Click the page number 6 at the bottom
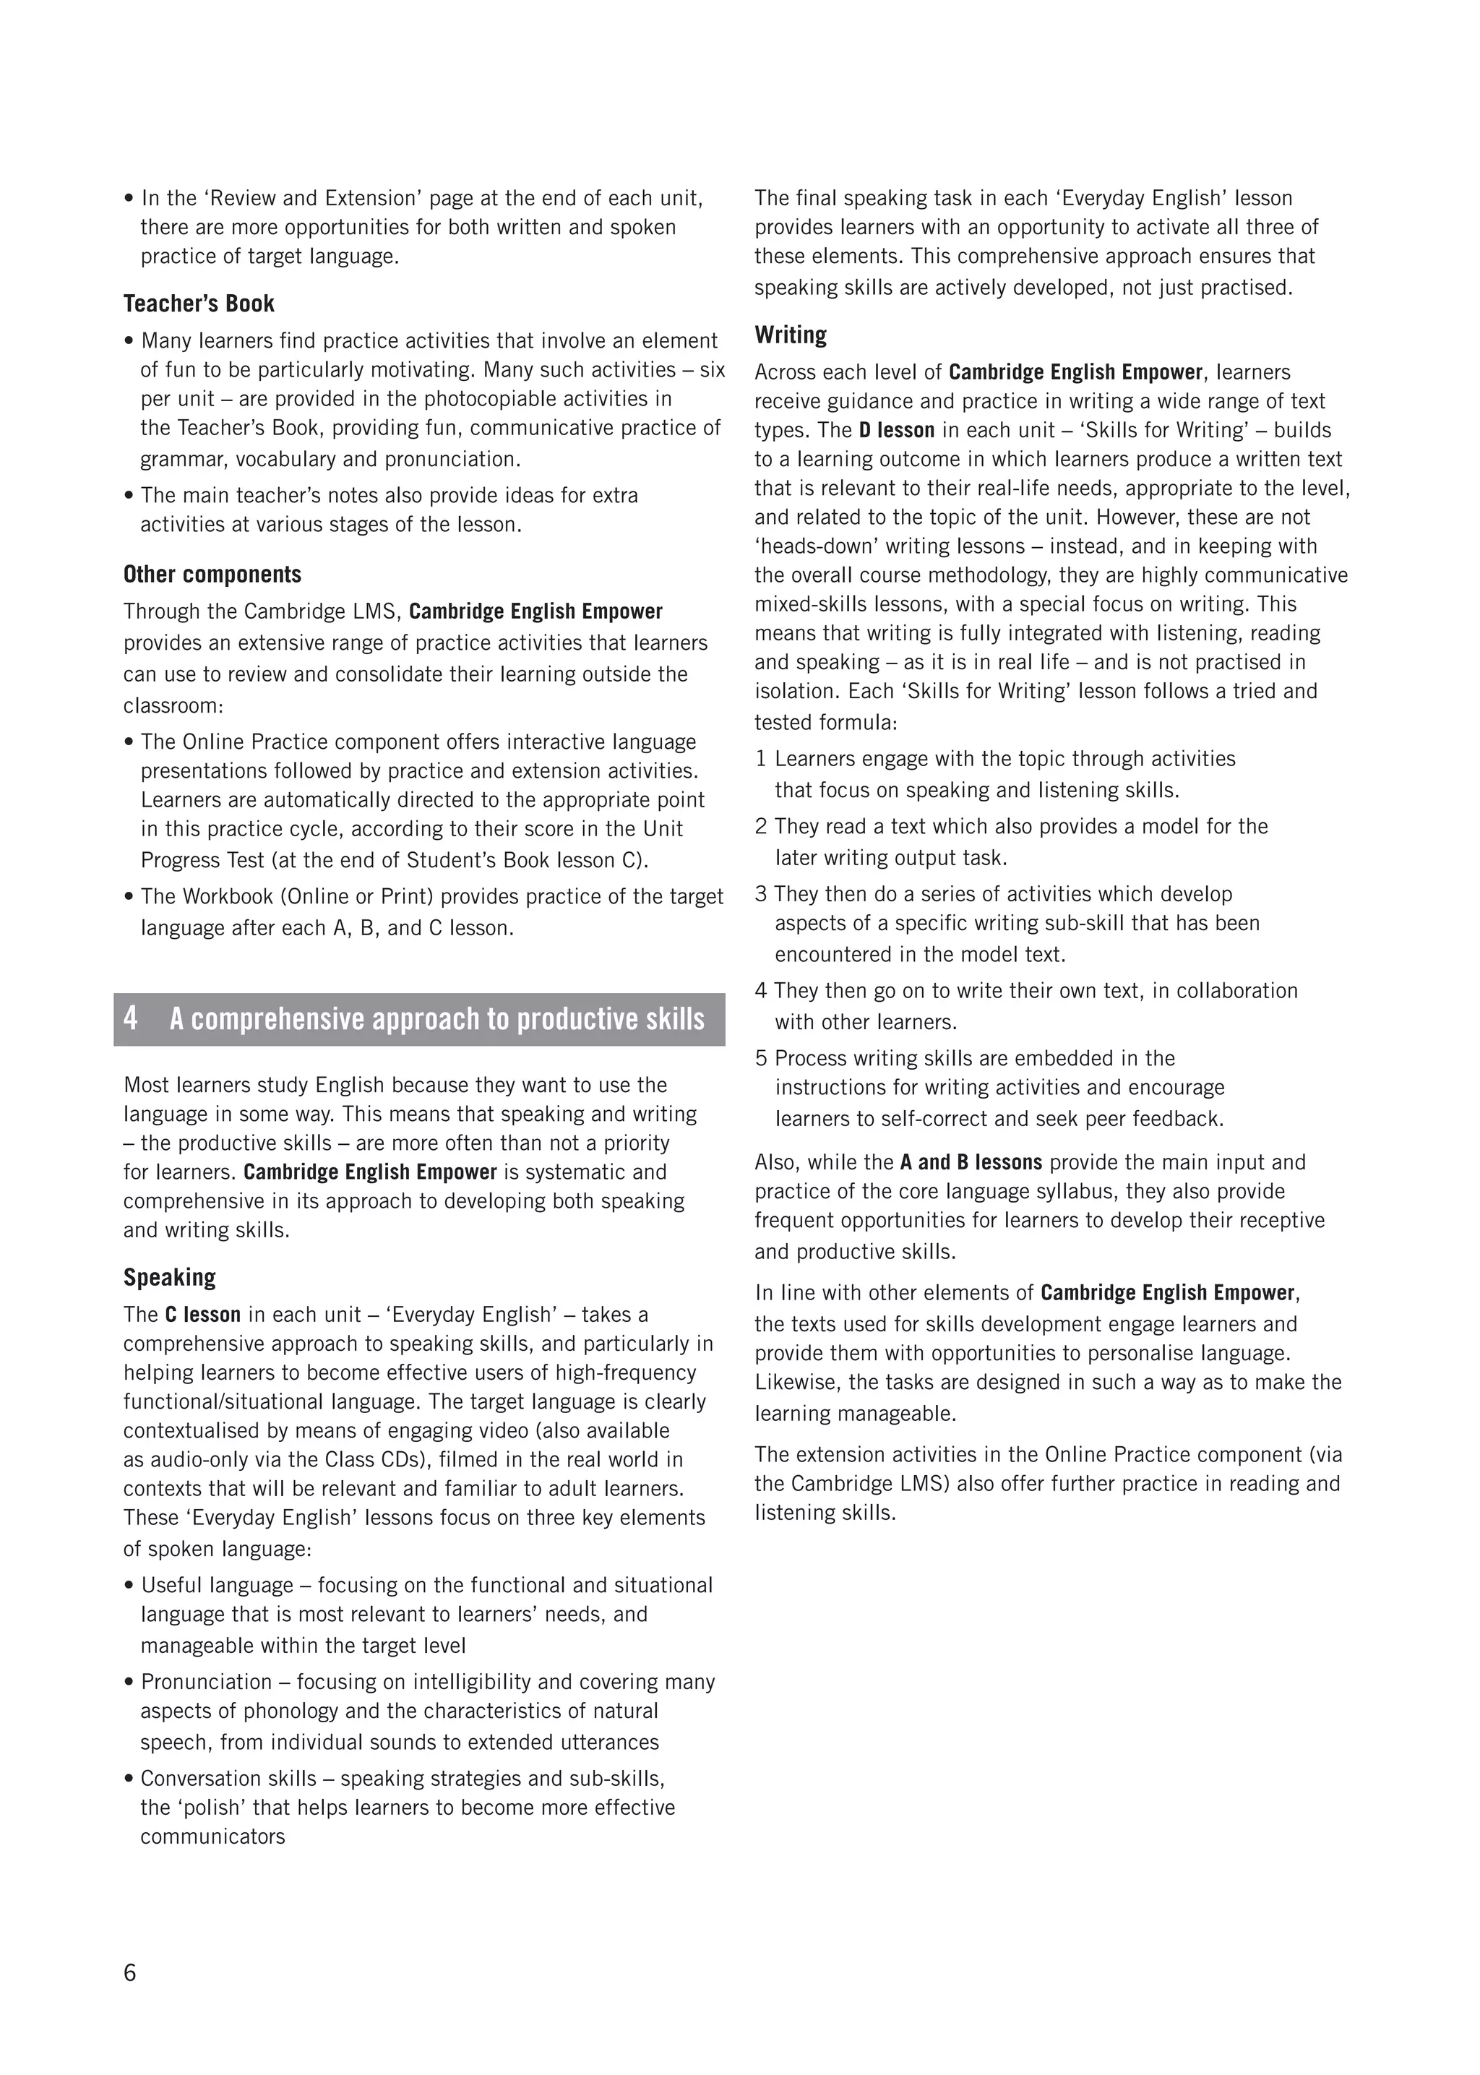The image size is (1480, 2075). pyautogui.click(x=129, y=1973)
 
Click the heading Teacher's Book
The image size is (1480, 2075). pyautogui.click(x=199, y=304)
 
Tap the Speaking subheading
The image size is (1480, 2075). pyautogui.click(x=170, y=1278)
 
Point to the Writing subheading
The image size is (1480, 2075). pyautogui.click(x=790, y=335)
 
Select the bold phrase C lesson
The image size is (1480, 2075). pyautogui.click(x=202, y=1315)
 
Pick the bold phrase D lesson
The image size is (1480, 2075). pyautogui.click(x=897, y=430)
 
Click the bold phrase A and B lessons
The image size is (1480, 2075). pyautogui.click(x=971, y=1163)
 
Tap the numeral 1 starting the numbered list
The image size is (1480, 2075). pyautogui.click(x=761, y=759)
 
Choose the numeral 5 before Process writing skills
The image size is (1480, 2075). pyautogui.click(x=761, y=1059)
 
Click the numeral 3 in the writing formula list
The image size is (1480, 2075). pyautogui.click(x=761, y=894)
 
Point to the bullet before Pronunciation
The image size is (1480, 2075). pyautogui.click(x=129, y=1683)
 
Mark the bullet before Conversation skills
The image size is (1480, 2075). pyautogui.click(x=129, y=1779)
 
